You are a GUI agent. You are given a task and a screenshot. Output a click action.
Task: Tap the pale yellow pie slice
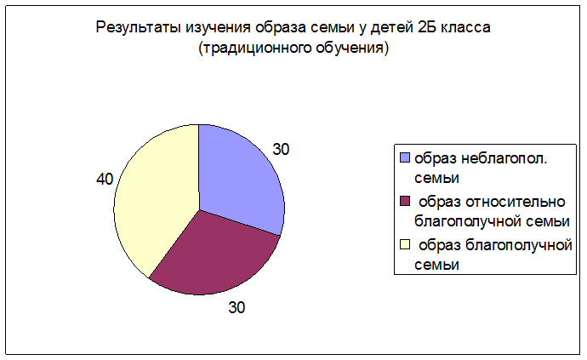(157, 198)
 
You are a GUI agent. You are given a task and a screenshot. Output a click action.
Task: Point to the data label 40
(105, 179)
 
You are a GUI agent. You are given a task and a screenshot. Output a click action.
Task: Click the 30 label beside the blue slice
(281, 149)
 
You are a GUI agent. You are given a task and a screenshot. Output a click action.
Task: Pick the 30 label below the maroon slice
(237, 307)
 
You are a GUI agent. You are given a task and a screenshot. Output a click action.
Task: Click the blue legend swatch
(405, 157)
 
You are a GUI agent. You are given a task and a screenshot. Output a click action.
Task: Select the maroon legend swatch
(405, 201)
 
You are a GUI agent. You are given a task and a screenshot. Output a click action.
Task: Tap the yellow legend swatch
(405, 244)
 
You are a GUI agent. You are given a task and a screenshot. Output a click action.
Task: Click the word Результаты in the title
(138, 27)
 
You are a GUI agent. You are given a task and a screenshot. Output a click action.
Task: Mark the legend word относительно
(516, 202)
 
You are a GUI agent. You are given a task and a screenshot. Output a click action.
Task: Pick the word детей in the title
(390, 28)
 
